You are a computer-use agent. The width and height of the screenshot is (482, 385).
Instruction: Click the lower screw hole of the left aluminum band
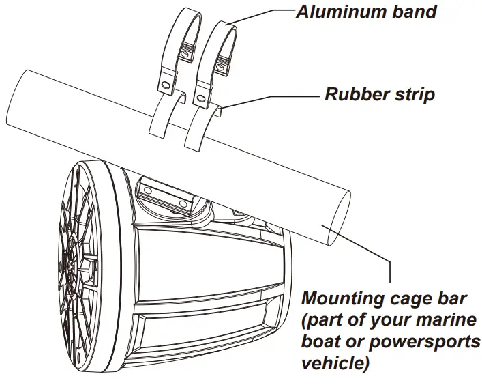pos(164,85)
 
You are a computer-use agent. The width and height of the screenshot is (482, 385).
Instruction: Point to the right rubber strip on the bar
pos(199,130)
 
